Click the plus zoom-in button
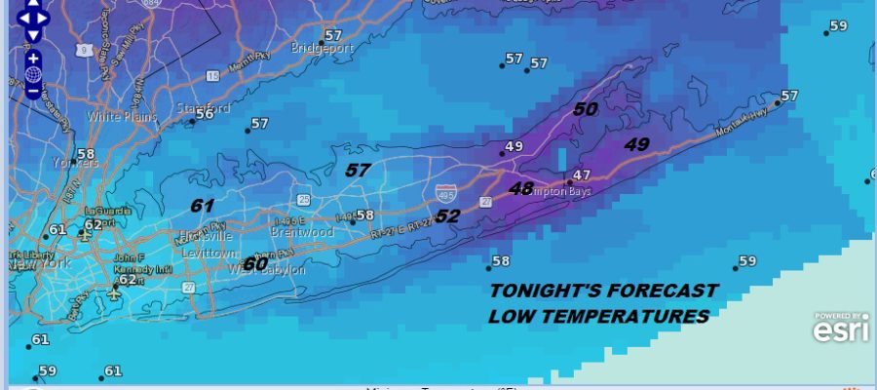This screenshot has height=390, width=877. coord(33,58)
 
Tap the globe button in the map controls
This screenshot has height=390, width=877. coord(33,74)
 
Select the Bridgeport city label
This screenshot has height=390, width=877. coord(320,47)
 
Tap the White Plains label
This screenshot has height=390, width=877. coord(116,116)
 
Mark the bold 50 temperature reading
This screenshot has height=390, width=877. coord(585,110)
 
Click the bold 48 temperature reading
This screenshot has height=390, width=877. coord(521,188)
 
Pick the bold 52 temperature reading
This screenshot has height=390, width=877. coord(446,216)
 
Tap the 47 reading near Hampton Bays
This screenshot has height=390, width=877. coord(582,175)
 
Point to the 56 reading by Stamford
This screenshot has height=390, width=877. coord(204,114)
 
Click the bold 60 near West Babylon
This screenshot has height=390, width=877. coord(255,264)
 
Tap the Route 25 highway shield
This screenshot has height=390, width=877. coord(304,200)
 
